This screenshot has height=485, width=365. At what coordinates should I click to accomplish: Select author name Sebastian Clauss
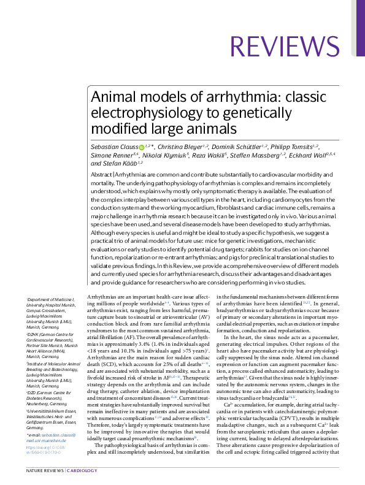pyautogui.click(x=113, y=147)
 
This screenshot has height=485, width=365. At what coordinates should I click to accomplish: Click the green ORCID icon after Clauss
pyautogui.click(x=141, y=147)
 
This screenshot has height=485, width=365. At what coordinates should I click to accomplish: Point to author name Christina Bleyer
pyautogui.click(x=183, y=147)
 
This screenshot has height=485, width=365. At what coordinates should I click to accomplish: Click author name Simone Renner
pyautogui.click(x=106, y=155)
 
